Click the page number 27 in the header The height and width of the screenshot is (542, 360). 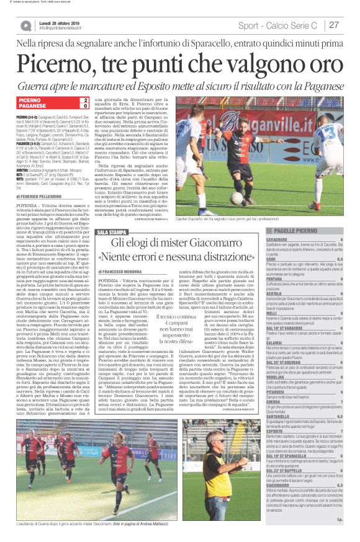[334, 25]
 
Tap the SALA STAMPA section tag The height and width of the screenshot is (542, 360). [111, 232]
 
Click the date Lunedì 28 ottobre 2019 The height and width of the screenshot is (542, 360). [62, 22]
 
